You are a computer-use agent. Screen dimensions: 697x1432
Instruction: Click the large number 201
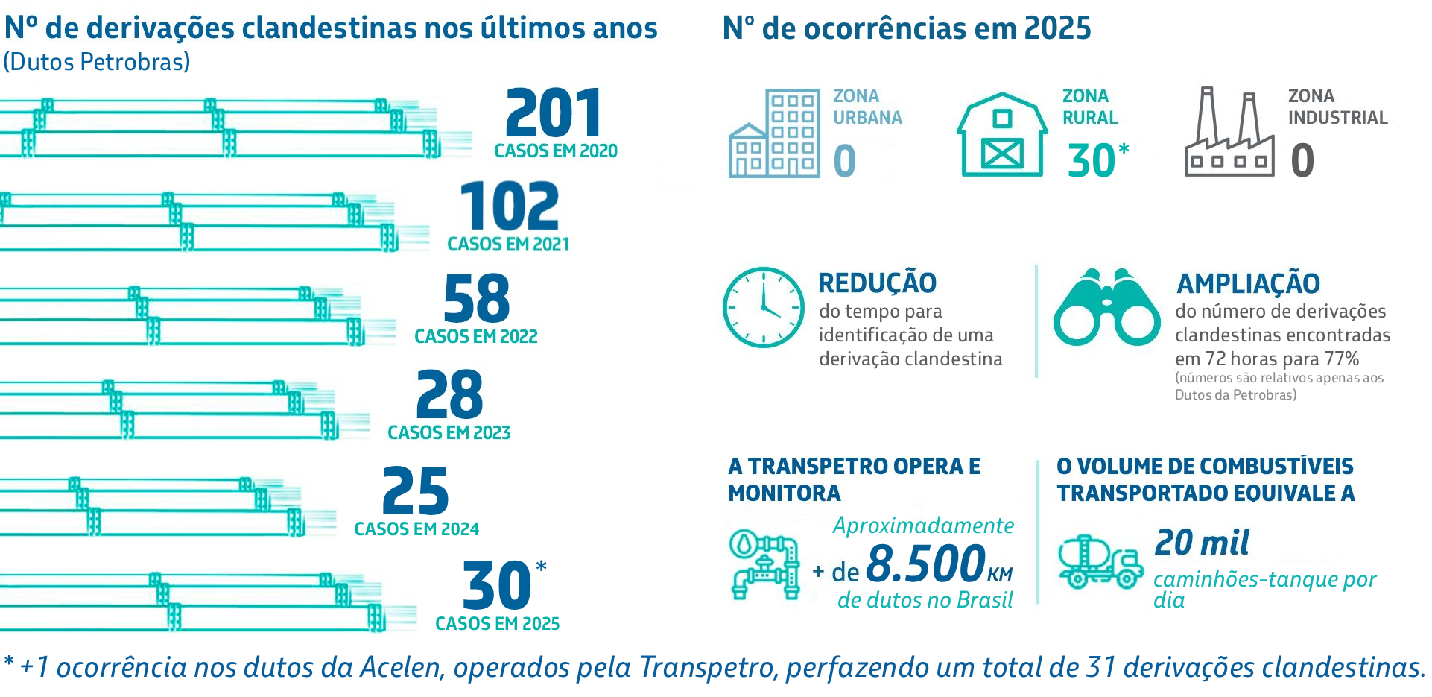point(554,113)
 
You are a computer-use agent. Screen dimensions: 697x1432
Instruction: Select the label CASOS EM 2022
point(476,337)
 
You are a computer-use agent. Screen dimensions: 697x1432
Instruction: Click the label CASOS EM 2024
point(416,529)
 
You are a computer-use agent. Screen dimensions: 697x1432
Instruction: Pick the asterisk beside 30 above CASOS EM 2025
point(542,567)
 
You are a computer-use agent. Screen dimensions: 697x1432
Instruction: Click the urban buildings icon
point(774,133)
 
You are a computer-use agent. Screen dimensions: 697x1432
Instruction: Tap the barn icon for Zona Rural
point(1002,135)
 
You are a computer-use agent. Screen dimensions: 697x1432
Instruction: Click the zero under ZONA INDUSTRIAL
point(1302,160)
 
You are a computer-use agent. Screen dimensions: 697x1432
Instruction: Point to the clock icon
point(764,307)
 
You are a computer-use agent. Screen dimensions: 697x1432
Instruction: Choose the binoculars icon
point(1106,307)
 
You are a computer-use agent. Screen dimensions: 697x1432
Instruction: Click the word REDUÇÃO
point(877,283)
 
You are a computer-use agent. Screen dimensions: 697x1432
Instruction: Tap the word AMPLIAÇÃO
point(1248,284)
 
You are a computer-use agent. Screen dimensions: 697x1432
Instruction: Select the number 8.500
point(926,564)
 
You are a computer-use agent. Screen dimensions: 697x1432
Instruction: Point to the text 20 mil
point(1202,543)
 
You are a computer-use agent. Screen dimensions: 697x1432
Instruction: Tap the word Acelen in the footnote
point(402,667)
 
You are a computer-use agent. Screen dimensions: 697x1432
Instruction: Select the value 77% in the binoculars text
point(1342,359)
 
